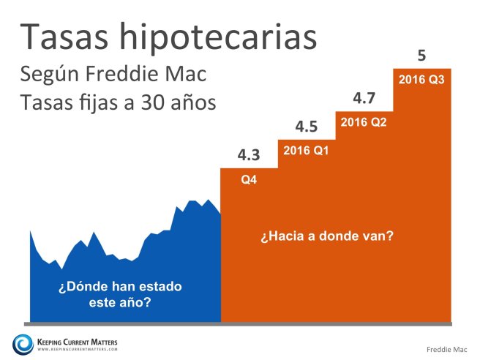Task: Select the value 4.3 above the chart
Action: [249, 155]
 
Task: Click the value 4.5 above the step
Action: [307, 127]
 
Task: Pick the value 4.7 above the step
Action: [364, 97]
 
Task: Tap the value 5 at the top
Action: [421, 55]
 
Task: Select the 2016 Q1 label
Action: [307, 151]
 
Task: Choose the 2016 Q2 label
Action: [364, 121]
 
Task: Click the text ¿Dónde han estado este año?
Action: [120, 293]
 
